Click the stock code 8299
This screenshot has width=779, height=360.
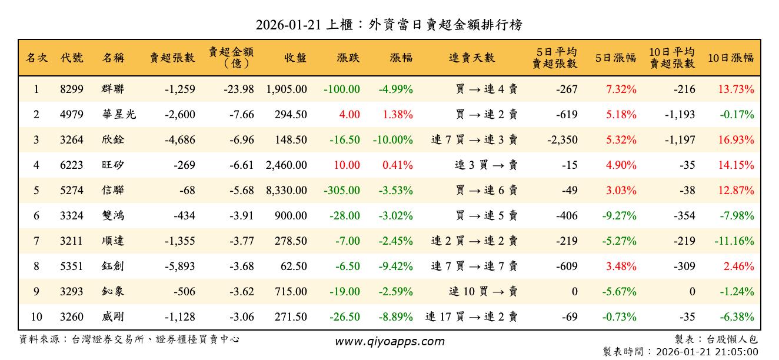[72, 89]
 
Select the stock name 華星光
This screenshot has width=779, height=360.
[118, 115]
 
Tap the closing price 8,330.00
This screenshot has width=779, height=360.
[287, 191]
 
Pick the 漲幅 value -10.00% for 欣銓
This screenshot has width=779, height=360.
[392, 140]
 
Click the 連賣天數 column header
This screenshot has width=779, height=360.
[472, 58]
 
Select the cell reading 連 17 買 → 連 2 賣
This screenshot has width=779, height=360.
[471, 317]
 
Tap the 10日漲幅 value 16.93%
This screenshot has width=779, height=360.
[735, 140]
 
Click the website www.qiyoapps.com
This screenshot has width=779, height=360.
[389, 341]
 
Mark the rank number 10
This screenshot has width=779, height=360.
[36, 317]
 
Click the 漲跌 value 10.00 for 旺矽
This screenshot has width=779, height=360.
[347, 165]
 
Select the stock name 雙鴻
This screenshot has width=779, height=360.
[112, 216]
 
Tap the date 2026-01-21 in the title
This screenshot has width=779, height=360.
[288, 25]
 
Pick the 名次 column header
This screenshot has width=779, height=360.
[36, 58]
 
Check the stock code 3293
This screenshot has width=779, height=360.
[72, 292]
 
